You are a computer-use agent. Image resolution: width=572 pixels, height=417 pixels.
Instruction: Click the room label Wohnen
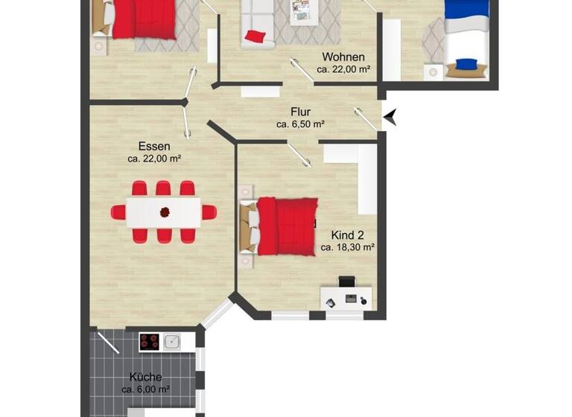pyautogui.click(x=343, y=57)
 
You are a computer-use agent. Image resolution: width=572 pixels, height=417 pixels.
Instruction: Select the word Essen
pyautogui.click(x=154, y=146)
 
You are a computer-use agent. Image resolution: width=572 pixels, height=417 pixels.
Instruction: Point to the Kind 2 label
pyautogui.click(x=347, y=235)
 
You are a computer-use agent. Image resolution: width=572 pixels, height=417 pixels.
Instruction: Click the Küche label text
pyautogui.click(x=145, y=377)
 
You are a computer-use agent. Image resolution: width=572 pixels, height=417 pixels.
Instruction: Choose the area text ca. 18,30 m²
pyautogui.click(x=347, y=247)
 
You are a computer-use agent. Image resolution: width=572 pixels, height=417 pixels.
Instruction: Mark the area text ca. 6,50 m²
pyautogui.click(x=300, y=124)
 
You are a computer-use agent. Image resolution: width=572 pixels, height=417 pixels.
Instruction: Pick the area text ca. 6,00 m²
pyautogui.click(x=145, y=389)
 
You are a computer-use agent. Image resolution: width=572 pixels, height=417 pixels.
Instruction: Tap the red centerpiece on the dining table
pyautogui.click(x=164, y=212)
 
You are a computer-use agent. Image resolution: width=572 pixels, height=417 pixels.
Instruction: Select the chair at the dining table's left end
pyautogui.click(x=118, y=212)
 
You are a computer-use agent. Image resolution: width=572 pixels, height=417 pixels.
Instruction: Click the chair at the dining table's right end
pyautogui.click(x=209, y=212)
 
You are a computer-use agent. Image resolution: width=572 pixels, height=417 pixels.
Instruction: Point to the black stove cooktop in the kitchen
pyautogui.click(x=150, y=342)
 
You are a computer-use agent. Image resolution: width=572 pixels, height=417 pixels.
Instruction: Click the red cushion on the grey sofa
pyautogui.click(x=255, y=36)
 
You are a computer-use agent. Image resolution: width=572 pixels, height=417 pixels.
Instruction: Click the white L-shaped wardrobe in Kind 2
pyautogui.click(x=364, y=175)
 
